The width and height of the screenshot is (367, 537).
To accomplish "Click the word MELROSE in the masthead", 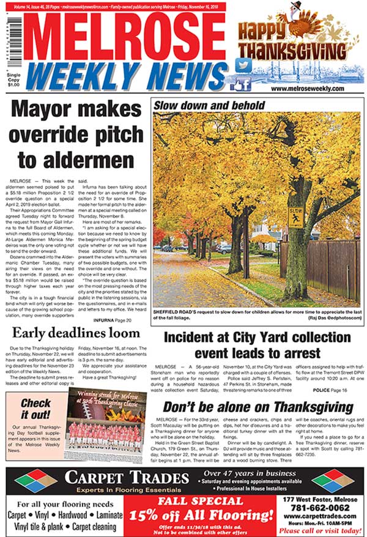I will (123, 35).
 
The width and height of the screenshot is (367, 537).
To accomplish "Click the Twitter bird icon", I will (245, 65).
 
